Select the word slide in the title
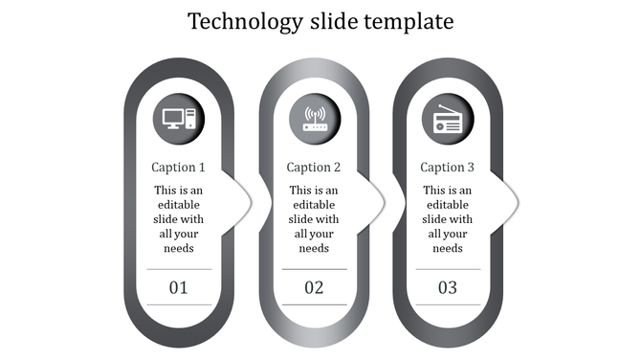tap(327, 21)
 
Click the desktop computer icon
tap(179, 120)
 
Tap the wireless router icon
tap(314, 120)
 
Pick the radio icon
tap(447, 121)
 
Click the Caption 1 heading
tap(179, 168)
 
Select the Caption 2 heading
tap(314, 168)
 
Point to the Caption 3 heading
tap(448, 168)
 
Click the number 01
tap(179, 287)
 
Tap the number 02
tap(314, 287)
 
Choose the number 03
tap(448, 287)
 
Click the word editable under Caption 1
tap(179, 205)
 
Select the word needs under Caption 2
tap(314, 248)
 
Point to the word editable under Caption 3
tap(448, 205)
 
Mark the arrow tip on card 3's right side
tap(517, 200)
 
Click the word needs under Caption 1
tap(179, 248)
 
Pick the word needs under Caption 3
tap(448, 248)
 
